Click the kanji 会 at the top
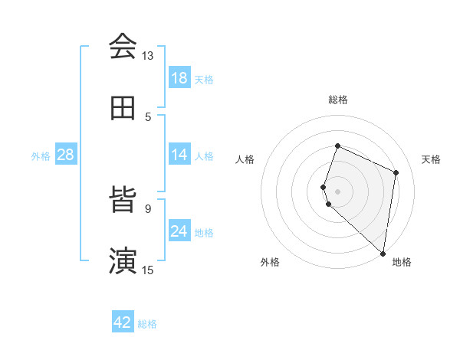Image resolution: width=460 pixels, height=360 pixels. click(123, 47)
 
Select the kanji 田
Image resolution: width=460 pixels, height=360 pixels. click(123, 109)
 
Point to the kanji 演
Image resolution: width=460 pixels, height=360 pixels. click(123, 261)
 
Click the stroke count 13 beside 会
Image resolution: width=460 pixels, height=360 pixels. click(147, 56)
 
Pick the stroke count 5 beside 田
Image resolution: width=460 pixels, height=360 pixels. click(148, 116)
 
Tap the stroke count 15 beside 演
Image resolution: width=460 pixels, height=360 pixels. click(147, 270)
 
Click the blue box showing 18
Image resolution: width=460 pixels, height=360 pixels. click(179, 78)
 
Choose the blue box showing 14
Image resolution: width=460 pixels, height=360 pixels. click(179, 155)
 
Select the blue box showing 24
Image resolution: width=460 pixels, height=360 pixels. click(179, 231)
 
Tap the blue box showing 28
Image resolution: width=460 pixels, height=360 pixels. click(66, 155)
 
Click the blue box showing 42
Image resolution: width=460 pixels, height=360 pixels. click(123, 322)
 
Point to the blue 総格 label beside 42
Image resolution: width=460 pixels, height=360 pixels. click(147, 324)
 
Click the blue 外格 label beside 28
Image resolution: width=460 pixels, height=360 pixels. click(41, 156)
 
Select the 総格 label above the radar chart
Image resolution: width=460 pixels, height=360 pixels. click(337, 100)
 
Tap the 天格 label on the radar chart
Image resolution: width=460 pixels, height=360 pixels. click(431, 159)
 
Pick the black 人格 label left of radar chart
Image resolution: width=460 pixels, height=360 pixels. click(245, 159)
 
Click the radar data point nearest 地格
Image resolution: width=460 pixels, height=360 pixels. click(383, 254)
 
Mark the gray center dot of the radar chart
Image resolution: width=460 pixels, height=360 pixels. click(337, 191)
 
